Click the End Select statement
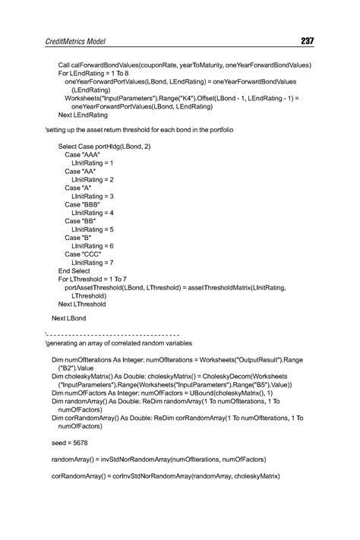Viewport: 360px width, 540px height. [74, 270]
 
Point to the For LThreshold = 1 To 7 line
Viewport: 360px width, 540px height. [92, 279]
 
